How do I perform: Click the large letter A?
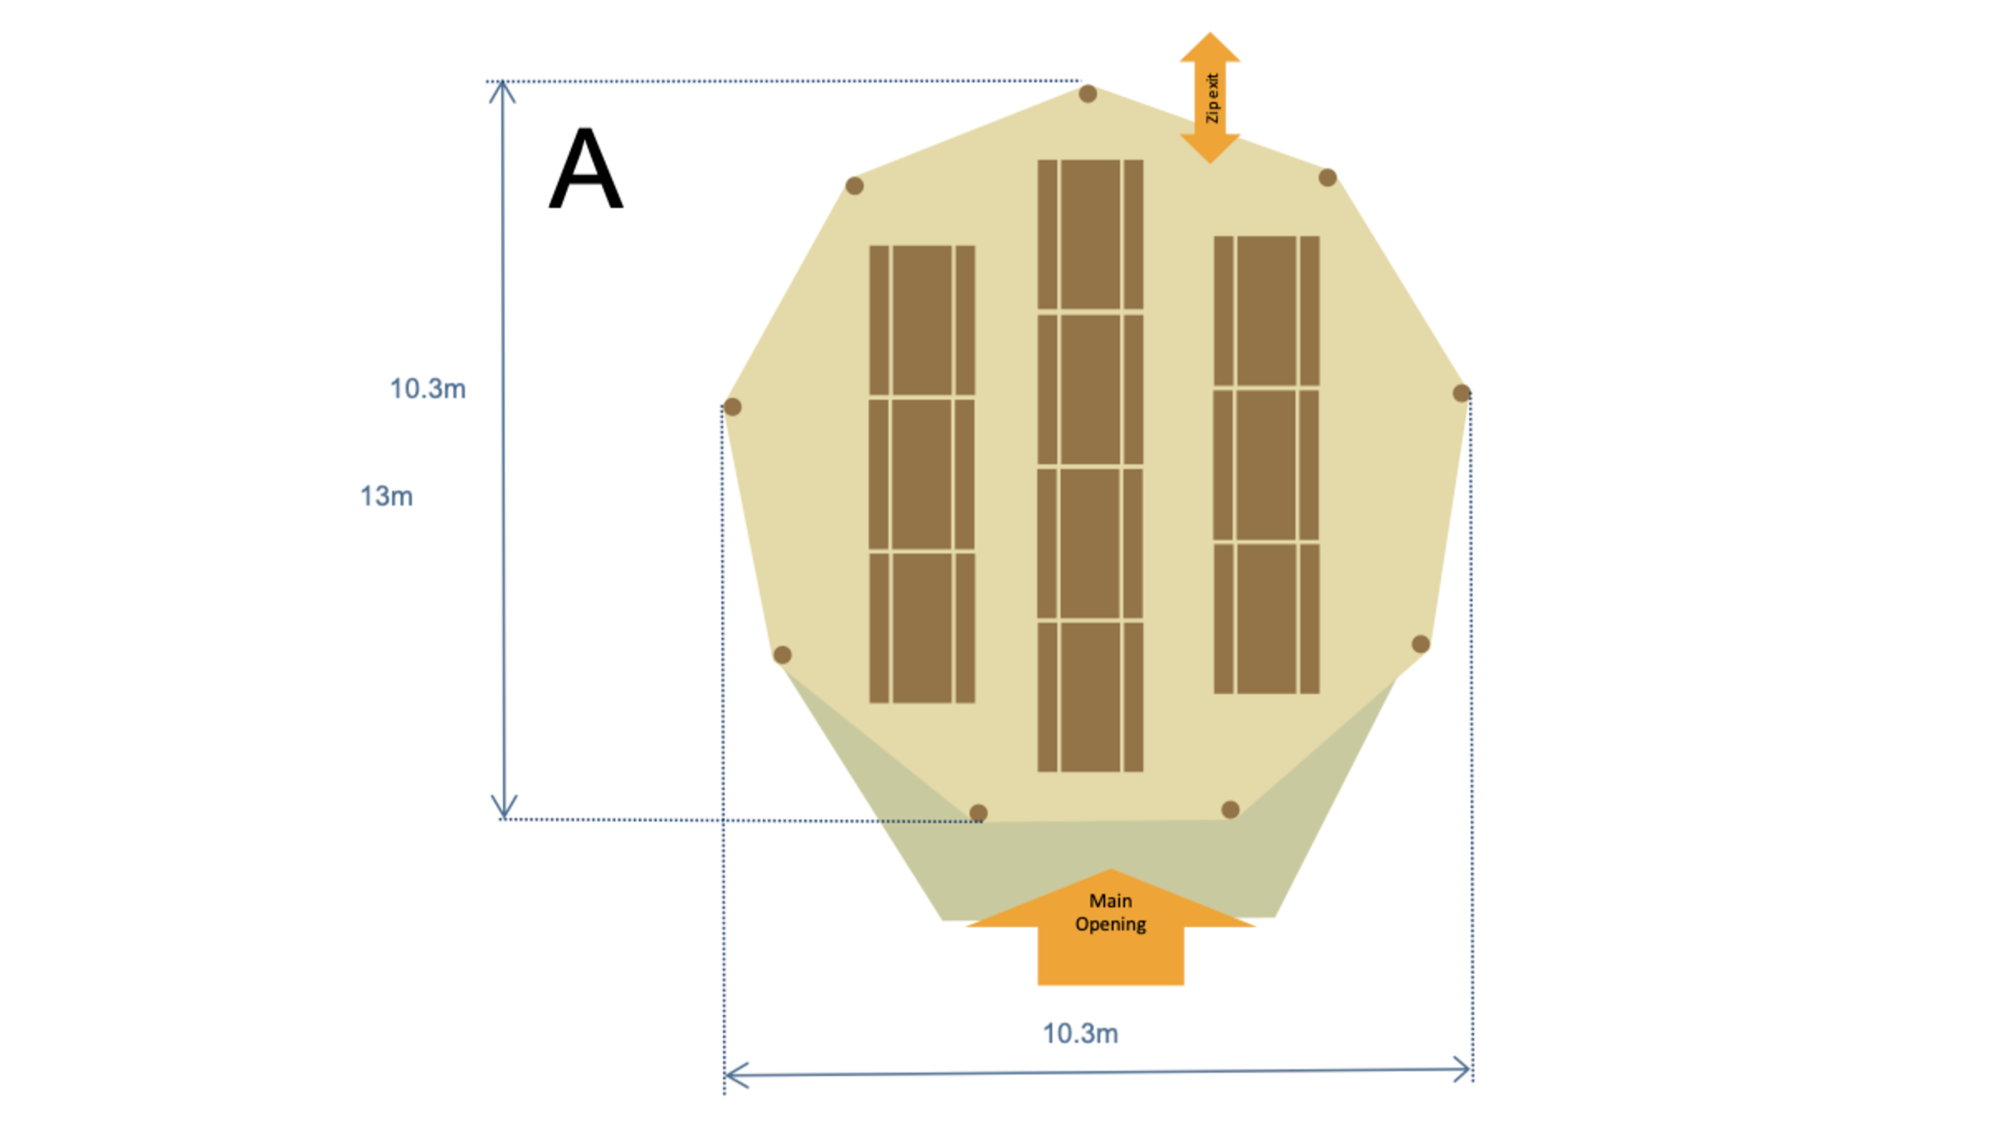coord(586,169)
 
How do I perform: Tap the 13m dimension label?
coord(386,497)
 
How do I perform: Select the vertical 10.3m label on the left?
coord(427,389)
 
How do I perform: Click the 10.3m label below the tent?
coord(1080,1034)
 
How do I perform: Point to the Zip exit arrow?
coord(1209,98)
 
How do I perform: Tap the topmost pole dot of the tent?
coord(1087,94)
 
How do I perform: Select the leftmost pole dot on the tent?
coord(732,407)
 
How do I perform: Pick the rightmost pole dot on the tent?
coord(1461,393)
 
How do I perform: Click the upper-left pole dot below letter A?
coord(854,186)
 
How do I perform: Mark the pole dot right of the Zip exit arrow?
coord(1327,177)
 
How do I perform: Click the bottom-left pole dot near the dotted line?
coord(978,813)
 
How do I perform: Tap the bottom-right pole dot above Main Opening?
coord(1230,810)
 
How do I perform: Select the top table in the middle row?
coord(1090,234)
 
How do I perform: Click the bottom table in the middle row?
coord(1090,697)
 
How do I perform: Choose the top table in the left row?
coord(922,319)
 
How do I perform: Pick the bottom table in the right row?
coord(1266,619)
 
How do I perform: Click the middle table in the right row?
coord(1266,465)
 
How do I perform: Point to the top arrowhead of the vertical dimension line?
coord(502,90)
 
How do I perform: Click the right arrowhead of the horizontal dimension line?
coord(1463,1069)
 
